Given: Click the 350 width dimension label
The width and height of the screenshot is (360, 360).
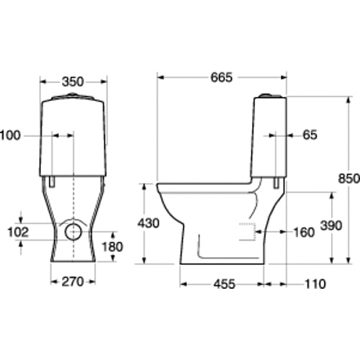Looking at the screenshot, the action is pyautogui.click(x=73, y=82).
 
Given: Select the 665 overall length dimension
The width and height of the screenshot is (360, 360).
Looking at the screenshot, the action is pyautogui.click(x=222, y=77).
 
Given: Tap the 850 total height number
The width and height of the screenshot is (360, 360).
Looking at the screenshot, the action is pyautogui.click(x=348, y=179).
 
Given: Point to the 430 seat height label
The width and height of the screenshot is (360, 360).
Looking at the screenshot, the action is pyautogui.click(x=148, y=223).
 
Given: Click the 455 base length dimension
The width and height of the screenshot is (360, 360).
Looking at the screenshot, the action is pyautogui.click(x=225, y=284).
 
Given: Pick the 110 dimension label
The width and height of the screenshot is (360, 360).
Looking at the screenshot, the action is pyautogui.click(x=315, y=284).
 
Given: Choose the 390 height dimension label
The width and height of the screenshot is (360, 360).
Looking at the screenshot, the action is pyautogui.click(x=331, y=225).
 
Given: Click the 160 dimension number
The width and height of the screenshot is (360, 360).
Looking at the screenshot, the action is pyautogui.click(x=304, y=233).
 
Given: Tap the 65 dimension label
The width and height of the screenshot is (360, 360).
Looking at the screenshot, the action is pyautogui.click(x=310, y=135).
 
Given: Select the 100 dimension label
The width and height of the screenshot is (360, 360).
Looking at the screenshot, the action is pyautogui.click(x=10, y=135).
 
